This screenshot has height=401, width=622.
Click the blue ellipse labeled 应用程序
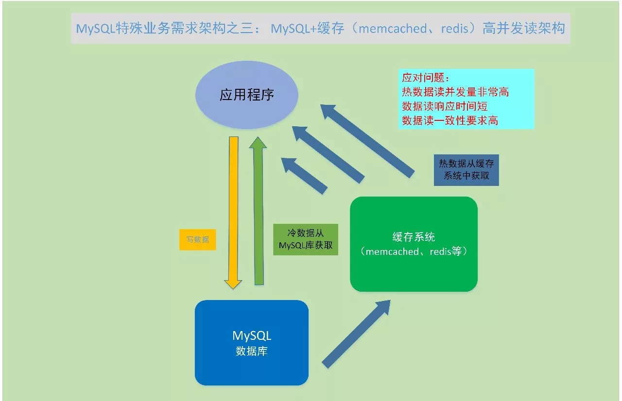click(x=247, y=95)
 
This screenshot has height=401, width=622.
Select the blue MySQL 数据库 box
click(x=252, y=342)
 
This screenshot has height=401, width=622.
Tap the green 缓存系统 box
click(x=414, y=244)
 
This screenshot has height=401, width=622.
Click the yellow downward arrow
click(x=233, y=213)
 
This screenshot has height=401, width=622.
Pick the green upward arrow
click(x=259, y=211)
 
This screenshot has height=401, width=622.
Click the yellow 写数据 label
click(x=197, y=240)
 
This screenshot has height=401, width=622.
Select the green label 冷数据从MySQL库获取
click(x=306, y=239)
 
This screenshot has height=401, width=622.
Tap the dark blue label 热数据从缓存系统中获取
click(x=466, y=170)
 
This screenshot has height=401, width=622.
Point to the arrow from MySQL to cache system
click(x=357, y=334)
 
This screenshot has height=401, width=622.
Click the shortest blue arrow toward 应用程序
click(x=304, y=176)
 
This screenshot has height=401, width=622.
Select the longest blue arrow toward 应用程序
click(x=367, y=141)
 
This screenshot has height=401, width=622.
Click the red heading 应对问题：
click(x=426, y=78)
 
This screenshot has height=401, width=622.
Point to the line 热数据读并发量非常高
click(x=455, y=92)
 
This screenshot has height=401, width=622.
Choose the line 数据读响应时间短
click(x=445, y=106)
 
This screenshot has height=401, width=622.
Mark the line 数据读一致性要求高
click(x=450, y=120)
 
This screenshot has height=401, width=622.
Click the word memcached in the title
click(x=393, y=28)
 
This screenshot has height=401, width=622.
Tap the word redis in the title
click(x=455, y=28)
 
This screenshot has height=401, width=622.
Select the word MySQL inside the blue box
click(x=252, y=336)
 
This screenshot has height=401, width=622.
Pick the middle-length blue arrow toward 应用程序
click(x=328, y=155)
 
